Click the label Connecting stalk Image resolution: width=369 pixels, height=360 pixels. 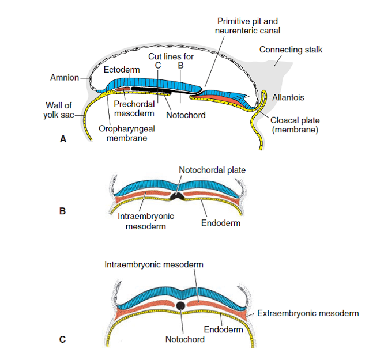coord(291,50)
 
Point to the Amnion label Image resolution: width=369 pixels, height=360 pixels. coord(65,77)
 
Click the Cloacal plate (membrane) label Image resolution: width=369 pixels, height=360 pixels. coord(295,125)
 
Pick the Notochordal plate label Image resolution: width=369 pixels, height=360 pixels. coord(212,170)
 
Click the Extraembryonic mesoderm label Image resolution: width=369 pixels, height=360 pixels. coord(308,313)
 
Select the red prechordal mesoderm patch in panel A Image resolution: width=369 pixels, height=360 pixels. coord(123,89)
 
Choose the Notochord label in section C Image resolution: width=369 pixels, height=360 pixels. coord(185,339)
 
